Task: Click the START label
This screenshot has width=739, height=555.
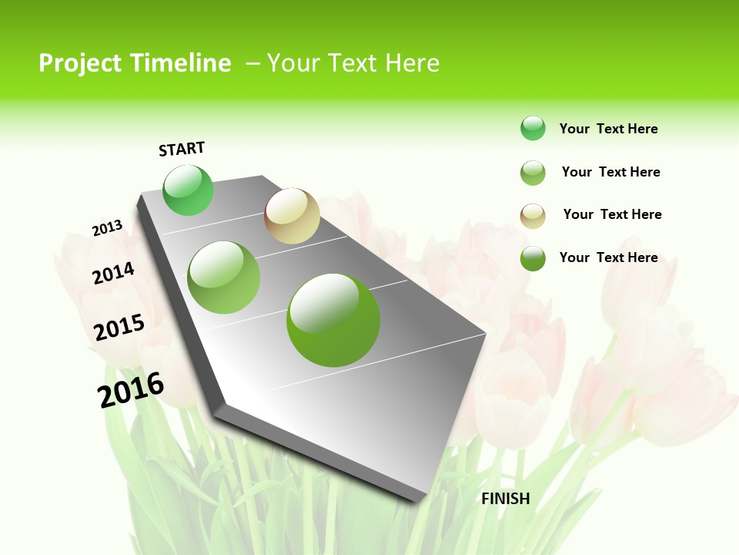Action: pyautogui.click(x=182, y=149)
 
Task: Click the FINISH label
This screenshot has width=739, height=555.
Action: pyautogui.click(x=506, y=499)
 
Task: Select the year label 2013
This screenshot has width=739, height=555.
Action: pyautogui.click(x=107, y=228)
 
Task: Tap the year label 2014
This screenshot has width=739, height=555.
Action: pyautogui.click(x=114, y=274)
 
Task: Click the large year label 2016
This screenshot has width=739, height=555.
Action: pyautogui.click(x=131, y=390)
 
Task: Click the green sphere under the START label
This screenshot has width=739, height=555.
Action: pyautogui.click(x=188, y=190)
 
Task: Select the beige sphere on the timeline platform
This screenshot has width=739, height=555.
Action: pyautogui.click(x=292, y=216)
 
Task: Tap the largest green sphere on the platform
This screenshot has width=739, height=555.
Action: pyautogui.click(x=333, y=320)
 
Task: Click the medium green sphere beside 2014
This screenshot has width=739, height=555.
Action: pyautogui.click(x=224, y=277)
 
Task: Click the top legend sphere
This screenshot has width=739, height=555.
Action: pyautogui.click(x=533, y=128)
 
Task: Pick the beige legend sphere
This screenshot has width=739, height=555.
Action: pyautogui.click(x=533, y=216)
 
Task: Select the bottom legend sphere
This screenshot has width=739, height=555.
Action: pyautogui.click(x=533, y=258)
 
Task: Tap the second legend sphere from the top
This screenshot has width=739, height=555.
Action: pyautogui.click(x=533, y=173)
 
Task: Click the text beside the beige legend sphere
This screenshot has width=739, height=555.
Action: pyautogui.click(x=612, y=214)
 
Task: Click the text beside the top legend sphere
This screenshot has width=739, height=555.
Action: pyautogui.click(x=608, y=129)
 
